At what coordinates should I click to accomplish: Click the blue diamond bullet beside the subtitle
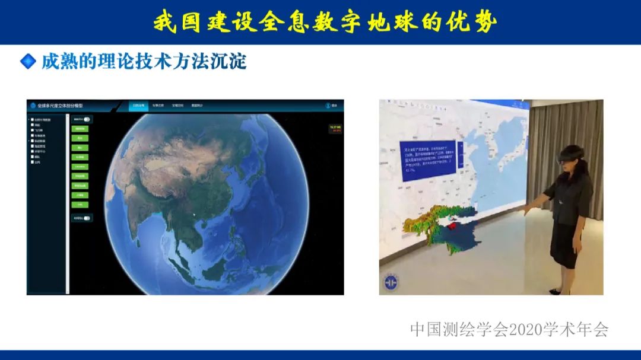(28, 61)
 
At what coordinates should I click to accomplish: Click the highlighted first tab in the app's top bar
(138, 106)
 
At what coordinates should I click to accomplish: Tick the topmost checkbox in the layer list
(33, 120)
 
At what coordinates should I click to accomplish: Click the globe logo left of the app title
(33, 106)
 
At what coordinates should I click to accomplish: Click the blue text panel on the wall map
(427, 157)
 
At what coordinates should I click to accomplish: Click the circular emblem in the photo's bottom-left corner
(391, 282)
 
